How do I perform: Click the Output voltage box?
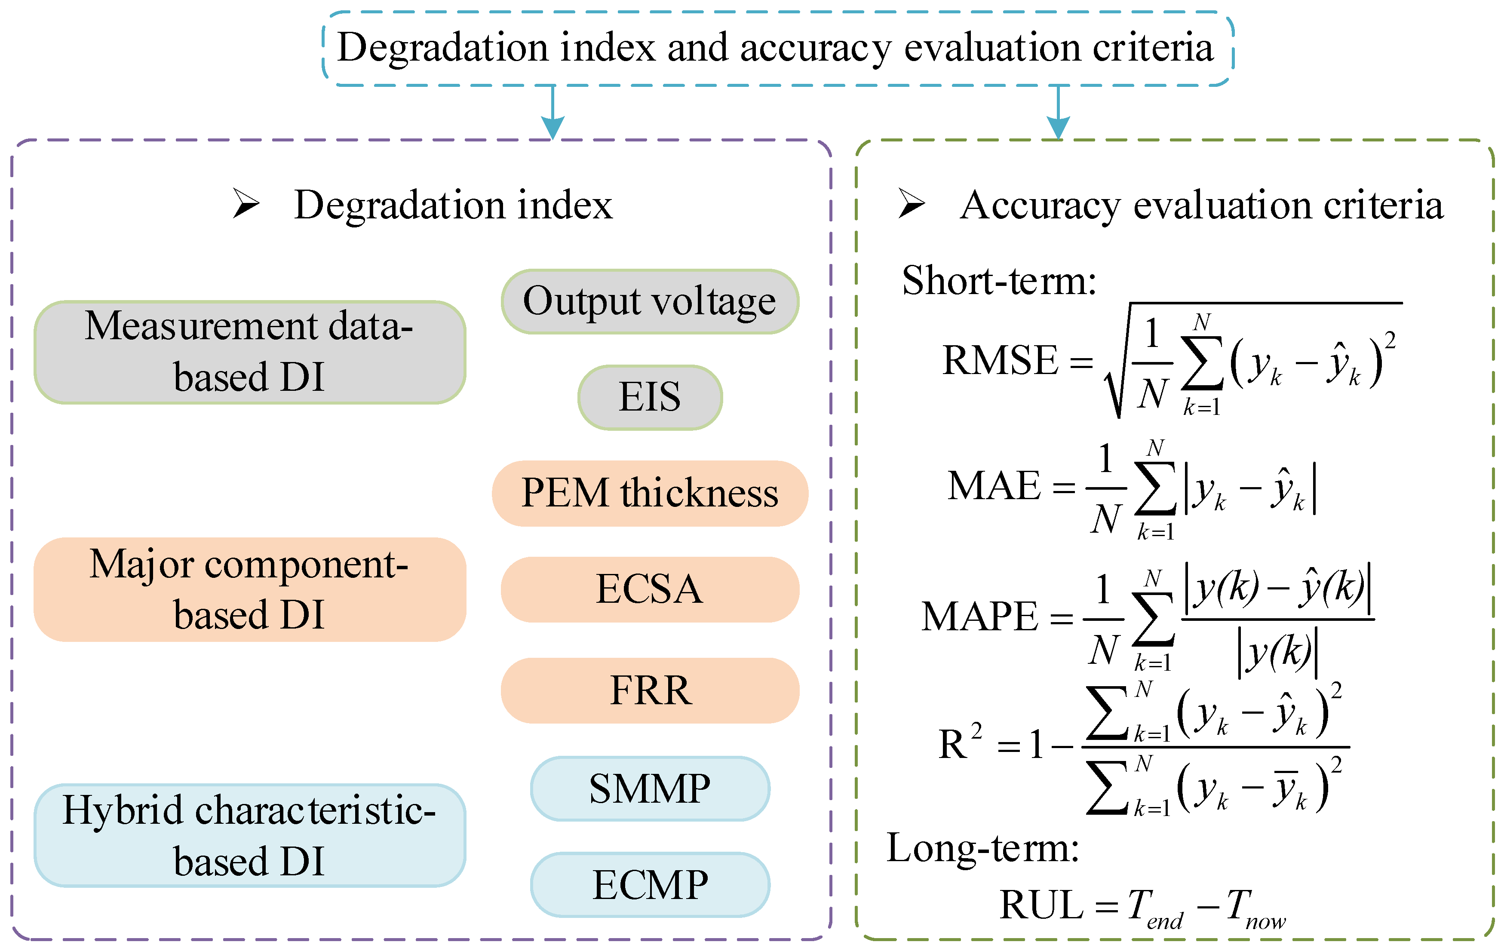(x=650, y=302)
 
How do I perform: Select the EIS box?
(x=650, y=397)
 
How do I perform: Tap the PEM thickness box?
(x=650, y=494)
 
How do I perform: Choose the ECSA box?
(x=650, y=589)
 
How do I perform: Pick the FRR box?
(x=650, y=690)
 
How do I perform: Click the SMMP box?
(x=650, y=788)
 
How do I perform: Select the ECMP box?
(x=650, y=884)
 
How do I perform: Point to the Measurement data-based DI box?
(x=250, y=352)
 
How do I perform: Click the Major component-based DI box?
(x=250, y=589)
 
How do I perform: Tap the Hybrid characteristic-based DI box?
(x=250, y=835)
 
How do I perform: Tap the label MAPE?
(x=979, y=617)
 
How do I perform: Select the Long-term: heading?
(x=983, y=848)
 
